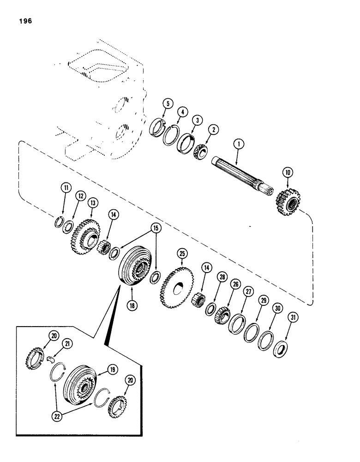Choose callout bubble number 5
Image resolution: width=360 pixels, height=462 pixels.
(168, 104)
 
